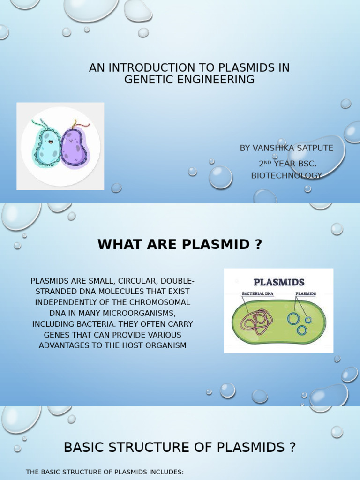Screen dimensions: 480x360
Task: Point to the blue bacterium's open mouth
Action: (47, 141)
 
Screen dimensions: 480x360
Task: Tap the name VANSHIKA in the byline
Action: (274, 148)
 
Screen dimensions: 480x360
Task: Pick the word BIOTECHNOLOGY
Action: (286, 175)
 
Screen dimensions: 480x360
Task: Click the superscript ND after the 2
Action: (268, 162)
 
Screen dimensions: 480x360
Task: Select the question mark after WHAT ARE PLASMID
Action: (258, 244)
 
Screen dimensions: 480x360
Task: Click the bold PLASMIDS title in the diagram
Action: (279, 282)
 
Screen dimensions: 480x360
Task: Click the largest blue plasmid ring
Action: (294, 319)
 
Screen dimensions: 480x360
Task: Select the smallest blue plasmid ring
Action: (308, 320)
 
